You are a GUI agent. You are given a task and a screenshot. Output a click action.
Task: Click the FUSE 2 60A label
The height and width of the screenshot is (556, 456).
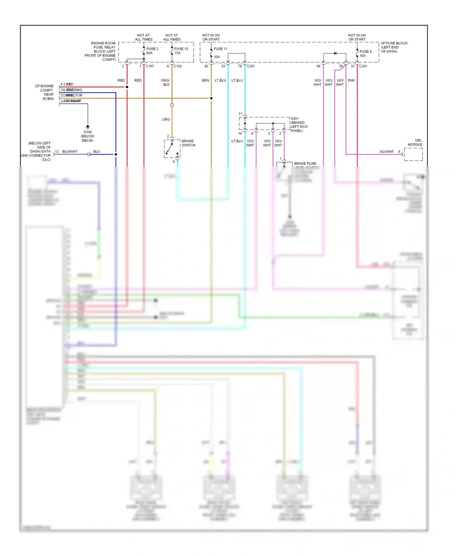pos(152,51)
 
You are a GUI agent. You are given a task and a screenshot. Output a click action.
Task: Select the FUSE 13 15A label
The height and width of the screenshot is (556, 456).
pos(181,51)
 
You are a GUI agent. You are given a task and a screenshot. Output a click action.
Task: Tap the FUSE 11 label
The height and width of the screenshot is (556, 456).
pos(220,49)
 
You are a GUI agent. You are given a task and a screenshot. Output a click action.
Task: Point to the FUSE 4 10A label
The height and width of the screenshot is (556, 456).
pos(365,54)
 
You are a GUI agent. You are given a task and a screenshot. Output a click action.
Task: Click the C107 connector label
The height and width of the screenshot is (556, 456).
pos(150,66)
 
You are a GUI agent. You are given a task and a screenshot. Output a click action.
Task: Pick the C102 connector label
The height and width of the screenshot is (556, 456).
pos(178,66)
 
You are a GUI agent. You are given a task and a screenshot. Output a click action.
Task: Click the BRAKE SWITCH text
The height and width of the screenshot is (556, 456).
pos(188,143)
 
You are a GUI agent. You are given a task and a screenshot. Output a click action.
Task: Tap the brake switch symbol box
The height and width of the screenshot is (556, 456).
pos(172,149)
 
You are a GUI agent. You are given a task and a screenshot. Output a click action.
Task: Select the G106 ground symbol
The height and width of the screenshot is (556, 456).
pos(88,127)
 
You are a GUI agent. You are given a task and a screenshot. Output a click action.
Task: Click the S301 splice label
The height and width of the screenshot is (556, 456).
pos(295,119)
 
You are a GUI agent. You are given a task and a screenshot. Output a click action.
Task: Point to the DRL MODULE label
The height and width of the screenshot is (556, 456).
pos(415,142)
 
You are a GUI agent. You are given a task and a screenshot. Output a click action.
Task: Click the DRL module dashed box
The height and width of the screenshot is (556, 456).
pos(413,154)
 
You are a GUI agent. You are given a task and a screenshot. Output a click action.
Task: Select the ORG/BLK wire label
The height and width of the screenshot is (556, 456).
pos(165,82)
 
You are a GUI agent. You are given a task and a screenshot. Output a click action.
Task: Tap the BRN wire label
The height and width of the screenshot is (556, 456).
pos(206,80)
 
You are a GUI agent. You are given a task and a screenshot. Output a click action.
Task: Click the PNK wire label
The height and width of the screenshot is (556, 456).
pos(351,80)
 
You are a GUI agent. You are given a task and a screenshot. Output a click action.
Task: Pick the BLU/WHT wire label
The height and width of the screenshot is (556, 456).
pos(70,151)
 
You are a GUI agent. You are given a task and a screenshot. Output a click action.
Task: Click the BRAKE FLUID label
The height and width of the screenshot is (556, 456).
pos(305,163)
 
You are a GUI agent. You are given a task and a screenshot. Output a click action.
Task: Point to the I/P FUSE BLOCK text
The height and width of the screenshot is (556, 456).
pos(394,43)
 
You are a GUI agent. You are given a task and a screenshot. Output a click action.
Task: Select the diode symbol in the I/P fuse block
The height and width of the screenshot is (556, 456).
pos(335,53)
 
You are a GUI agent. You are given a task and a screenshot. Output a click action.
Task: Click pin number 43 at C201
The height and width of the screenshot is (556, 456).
pos(206,66)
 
